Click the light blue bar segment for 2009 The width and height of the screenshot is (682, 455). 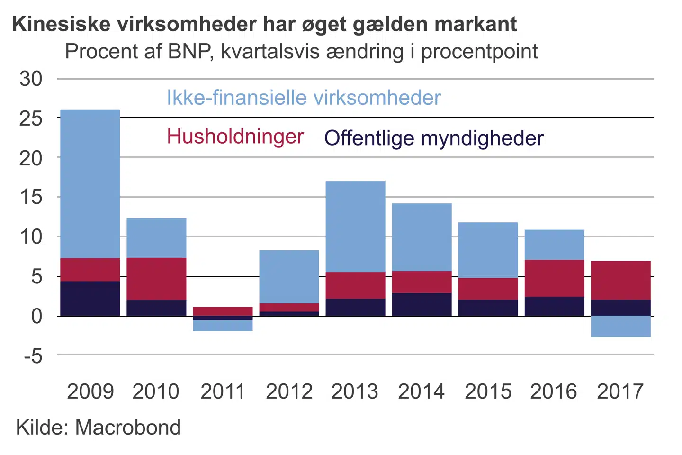tap(90, 184)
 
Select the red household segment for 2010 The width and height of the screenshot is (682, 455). tap(156, 279)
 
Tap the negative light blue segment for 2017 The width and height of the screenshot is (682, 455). tap(620, 326)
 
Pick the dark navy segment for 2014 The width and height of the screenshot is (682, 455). tap(422, 304)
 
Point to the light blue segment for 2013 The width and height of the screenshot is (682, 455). tap(355, 227)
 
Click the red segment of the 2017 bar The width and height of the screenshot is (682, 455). tap(620, 280)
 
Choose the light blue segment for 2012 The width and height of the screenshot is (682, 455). tap(289, 277)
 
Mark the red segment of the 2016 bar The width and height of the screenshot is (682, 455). tap(554, 278)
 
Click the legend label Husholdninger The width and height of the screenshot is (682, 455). tap(235, 136)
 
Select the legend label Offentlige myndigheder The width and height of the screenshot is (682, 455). tap(433, 138)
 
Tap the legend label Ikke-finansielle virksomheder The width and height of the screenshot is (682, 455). tap(304, 98)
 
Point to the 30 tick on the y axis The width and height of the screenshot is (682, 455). tap(31, 79)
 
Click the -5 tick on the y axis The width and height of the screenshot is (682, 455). tap(33, 355)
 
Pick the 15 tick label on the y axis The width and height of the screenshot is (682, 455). tap(31, 197)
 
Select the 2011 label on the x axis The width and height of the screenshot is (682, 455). tap(223, 391)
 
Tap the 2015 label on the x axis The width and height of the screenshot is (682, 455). tap(488, 391)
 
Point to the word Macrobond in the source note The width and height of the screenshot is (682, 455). tap(128, 428)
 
